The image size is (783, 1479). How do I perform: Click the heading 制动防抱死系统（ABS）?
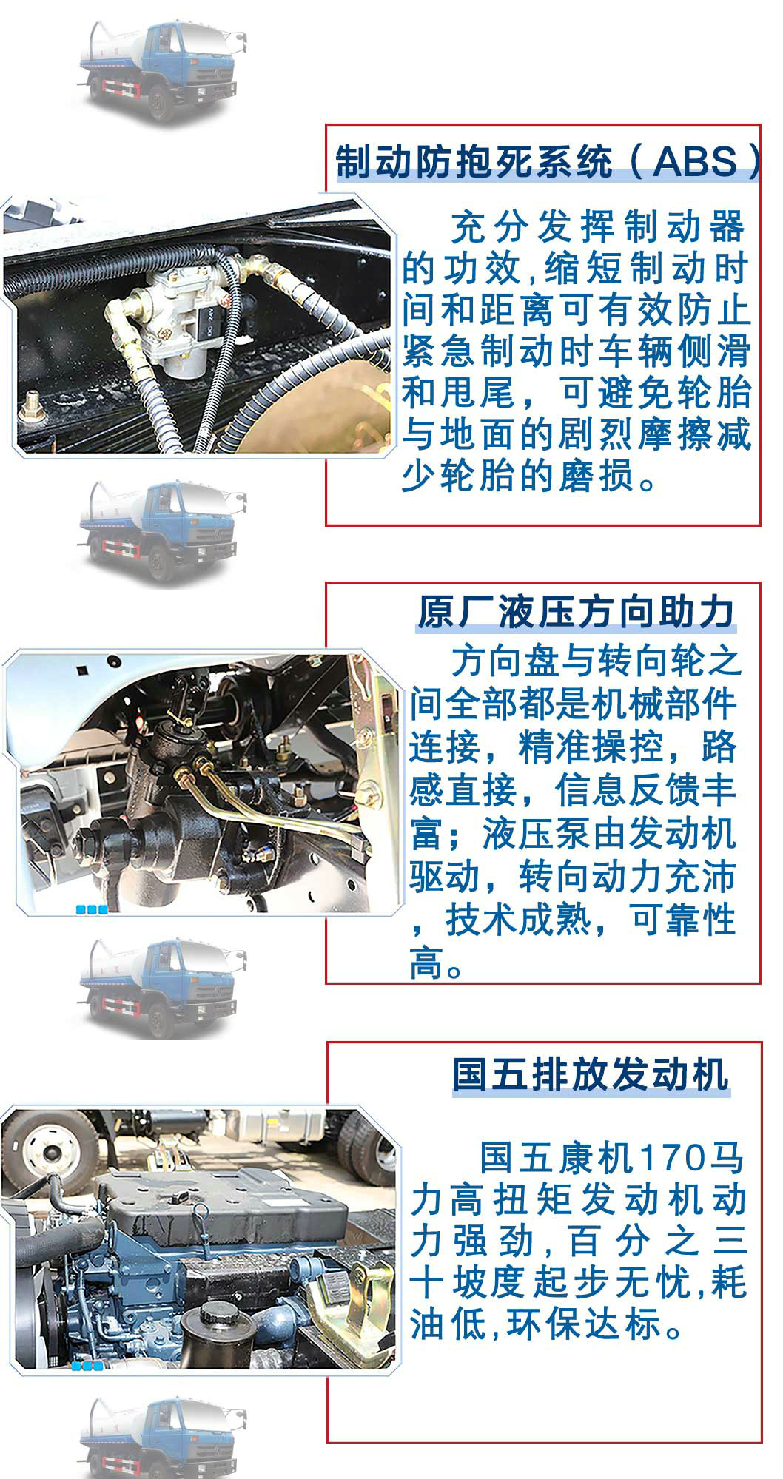(548, 162)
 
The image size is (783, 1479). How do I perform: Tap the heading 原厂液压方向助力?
(576, 613)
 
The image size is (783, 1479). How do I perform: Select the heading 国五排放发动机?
(591, 1074)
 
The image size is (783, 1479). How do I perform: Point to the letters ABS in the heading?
(696, 162)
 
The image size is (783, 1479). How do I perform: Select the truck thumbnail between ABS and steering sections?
(159, 529)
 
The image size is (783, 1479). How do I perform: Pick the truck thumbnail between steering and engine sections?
(159, 988)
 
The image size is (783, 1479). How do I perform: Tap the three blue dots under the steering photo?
(93, 909)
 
